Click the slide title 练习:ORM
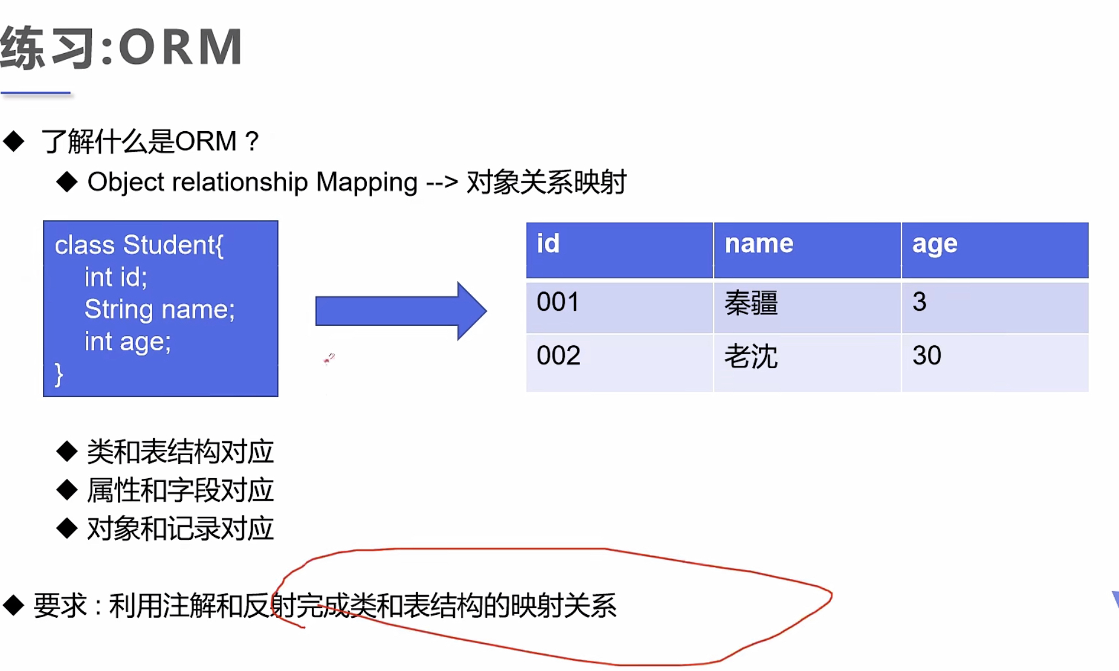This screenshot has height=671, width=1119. coord(121,47)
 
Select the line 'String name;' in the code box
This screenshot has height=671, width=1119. coord(160,310)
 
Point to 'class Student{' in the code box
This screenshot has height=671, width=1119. coord(139,245)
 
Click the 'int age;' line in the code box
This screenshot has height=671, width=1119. coord(127,342)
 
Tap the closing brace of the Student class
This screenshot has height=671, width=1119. coord(59,375)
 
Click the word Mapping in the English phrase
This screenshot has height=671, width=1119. coord(366,182)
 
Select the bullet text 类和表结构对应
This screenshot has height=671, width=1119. coord(180,452)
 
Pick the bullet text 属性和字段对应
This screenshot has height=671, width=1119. coord(180,490)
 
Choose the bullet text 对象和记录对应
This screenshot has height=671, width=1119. coord(180,529)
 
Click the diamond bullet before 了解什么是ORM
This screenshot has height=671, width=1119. coord(14,141)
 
